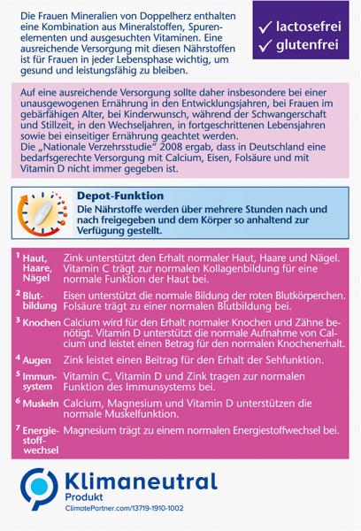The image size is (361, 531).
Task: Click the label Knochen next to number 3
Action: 40,323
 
